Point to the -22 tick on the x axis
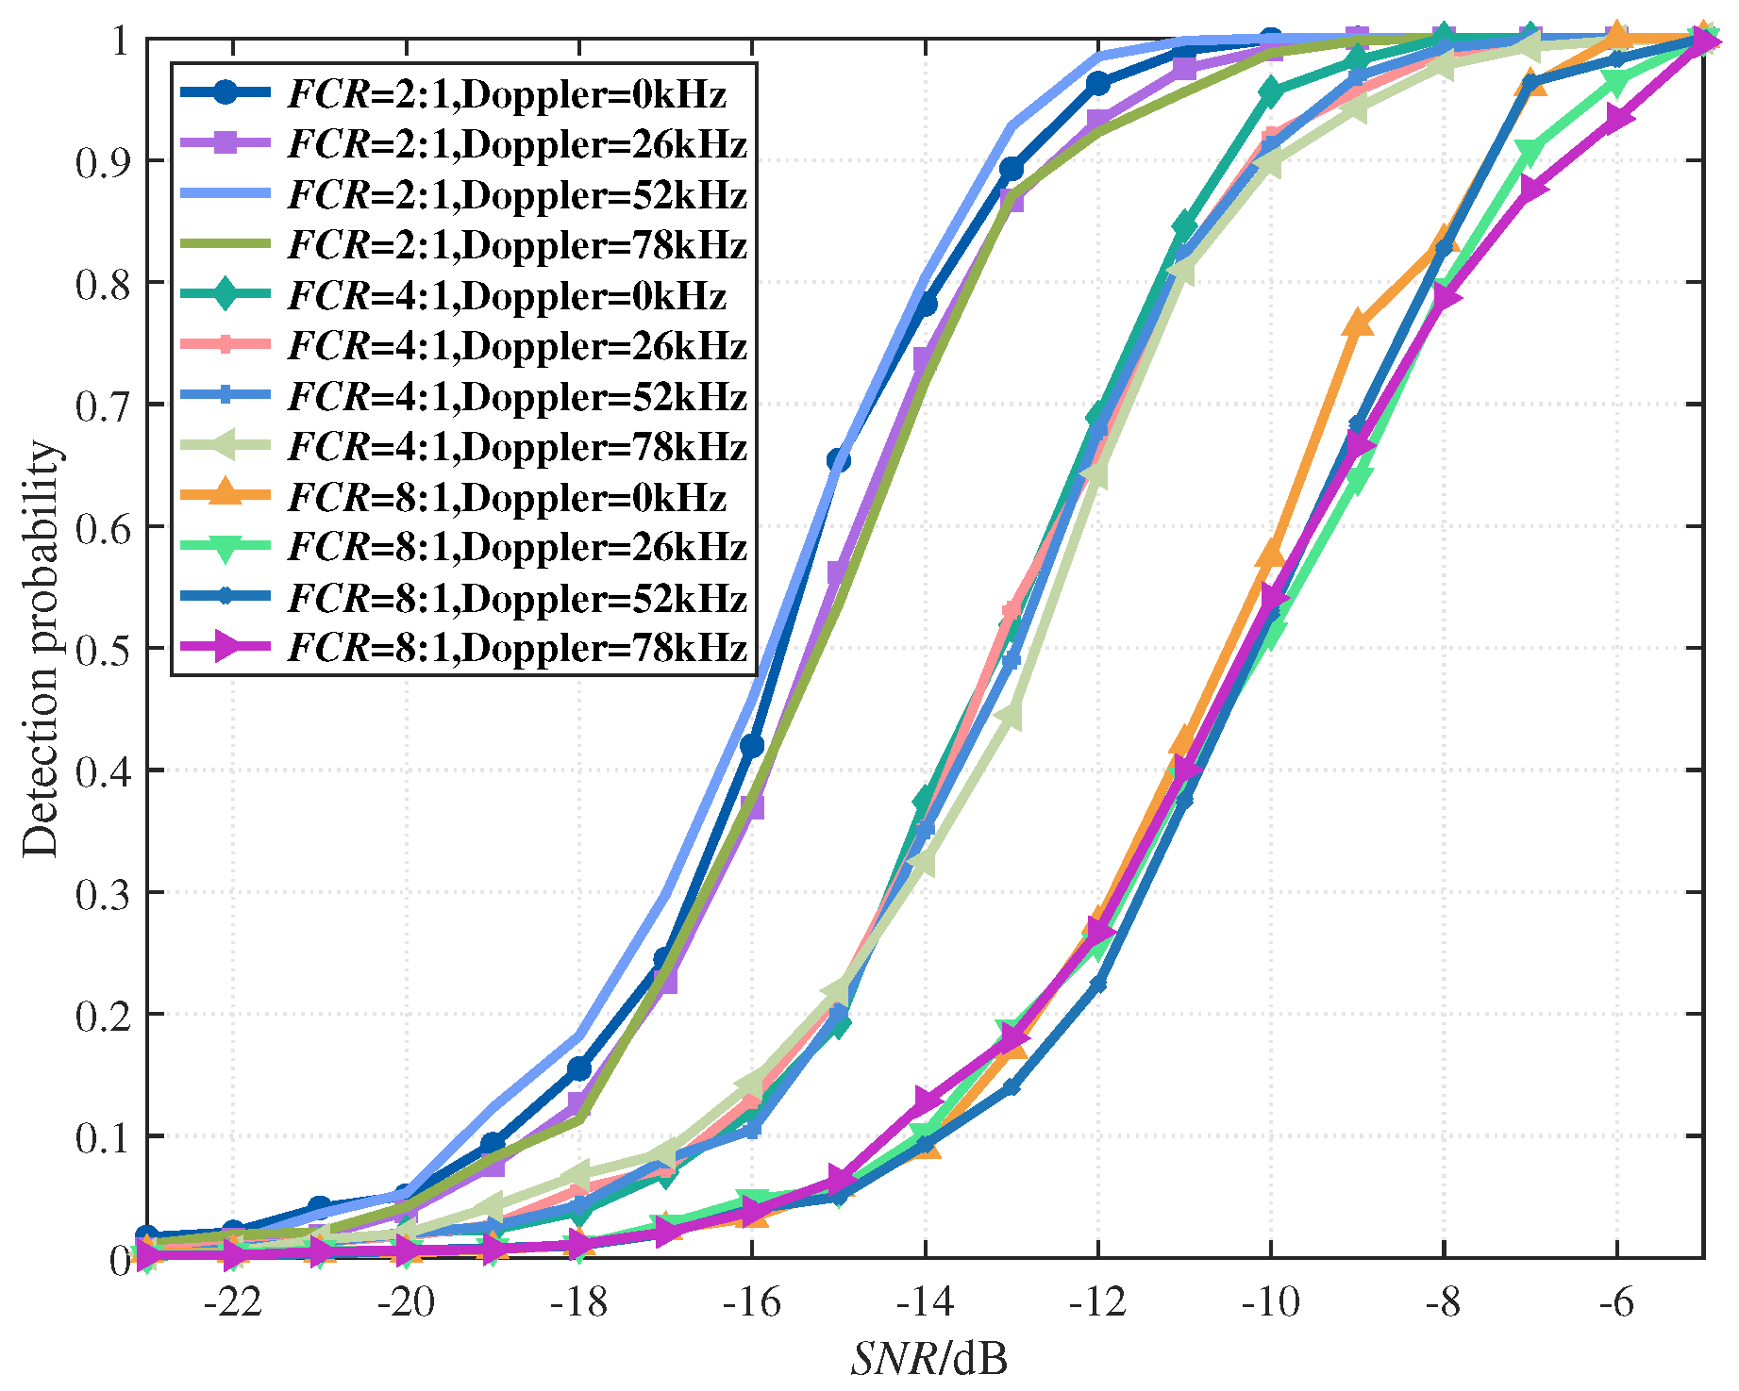[233, 1302]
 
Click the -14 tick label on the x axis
[925, 1302]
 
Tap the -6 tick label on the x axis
[1616, 1302]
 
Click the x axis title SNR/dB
[928, 1359]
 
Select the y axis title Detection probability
[42, 649]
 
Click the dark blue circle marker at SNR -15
[839, 460]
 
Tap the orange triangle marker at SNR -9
[1357, 323]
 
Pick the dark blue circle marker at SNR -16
[752, 746]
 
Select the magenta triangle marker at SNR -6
[1617, 120]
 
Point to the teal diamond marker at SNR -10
[1271, 92]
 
